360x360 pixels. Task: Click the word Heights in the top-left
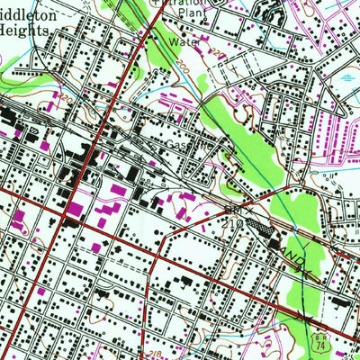coord(27,28)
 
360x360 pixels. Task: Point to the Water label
coord(183,40)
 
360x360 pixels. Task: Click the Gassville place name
coord(186,143)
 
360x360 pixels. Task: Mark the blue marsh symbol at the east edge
coord(348,79)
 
